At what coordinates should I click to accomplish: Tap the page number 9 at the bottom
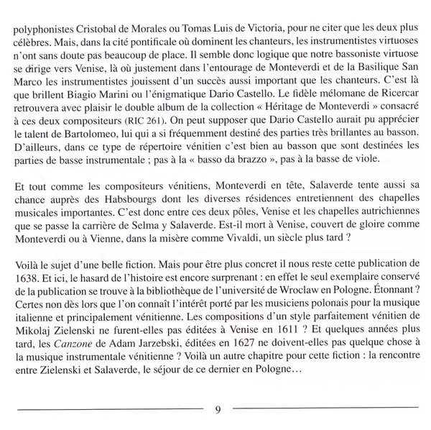216,411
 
